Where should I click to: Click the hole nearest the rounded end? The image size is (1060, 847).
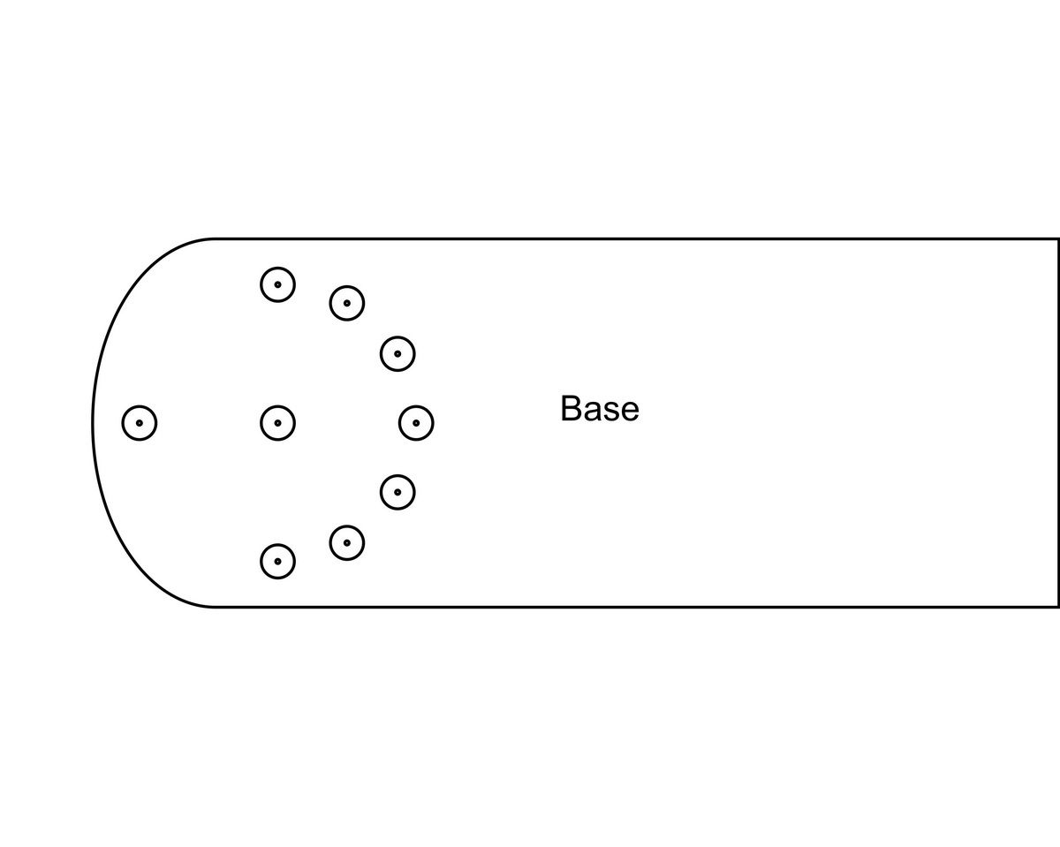pos(140,423)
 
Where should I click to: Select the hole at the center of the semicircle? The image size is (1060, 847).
pos(277,423)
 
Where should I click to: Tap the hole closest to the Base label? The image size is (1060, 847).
pos(416,423)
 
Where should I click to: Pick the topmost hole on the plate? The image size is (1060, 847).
pos(277,284)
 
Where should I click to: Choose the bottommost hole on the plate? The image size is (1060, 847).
pos(277,562)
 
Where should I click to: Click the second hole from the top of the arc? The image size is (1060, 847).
pos(347,303)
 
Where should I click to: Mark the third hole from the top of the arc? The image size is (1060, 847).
pos(397,353)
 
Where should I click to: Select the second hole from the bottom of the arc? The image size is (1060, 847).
pos(347,542)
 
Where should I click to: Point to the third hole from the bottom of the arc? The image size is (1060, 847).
pos(397,492)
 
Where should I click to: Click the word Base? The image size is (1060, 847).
pos(600,408)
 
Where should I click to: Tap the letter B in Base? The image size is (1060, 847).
pos(572,408)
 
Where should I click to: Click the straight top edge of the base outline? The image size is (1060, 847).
pos(636,238)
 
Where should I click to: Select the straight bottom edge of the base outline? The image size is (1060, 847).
pos(636,607)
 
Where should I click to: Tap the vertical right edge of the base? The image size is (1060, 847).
pos(1058,423)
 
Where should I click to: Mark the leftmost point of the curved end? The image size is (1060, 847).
pos(93,423)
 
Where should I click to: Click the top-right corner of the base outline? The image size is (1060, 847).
pos(1058,238)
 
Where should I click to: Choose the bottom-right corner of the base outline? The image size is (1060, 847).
pos(1058,607)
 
